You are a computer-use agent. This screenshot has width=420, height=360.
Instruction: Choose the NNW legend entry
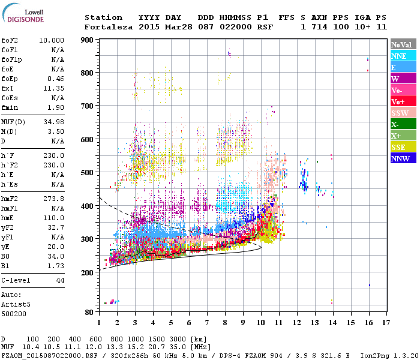tap(400, 158)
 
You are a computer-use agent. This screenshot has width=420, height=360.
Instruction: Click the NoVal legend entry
tap(401, 44)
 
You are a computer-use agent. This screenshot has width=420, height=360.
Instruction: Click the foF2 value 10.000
tap(52, 40)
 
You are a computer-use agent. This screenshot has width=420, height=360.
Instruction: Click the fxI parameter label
tap(8, 88)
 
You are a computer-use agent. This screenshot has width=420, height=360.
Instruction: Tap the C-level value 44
tap(60, 280)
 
